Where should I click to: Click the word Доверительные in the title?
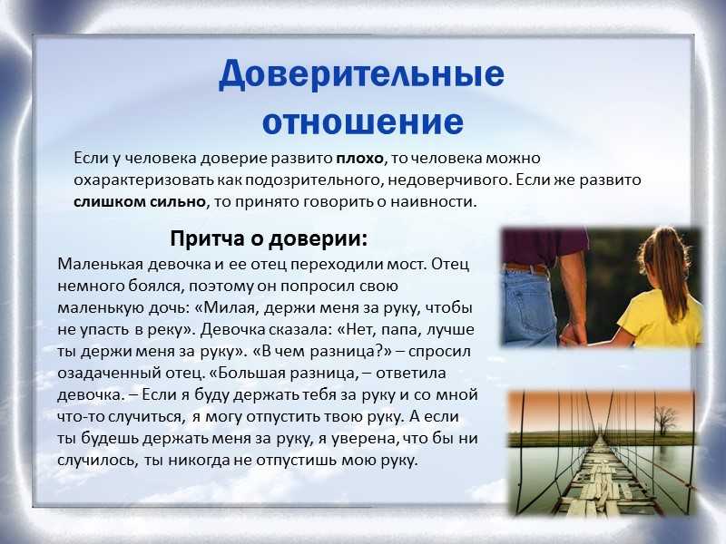pos(361,75)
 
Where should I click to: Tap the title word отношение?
pos(363,121)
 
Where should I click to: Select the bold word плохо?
pos(359,159)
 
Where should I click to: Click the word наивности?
pos(434,201)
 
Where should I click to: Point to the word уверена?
pos(365,439)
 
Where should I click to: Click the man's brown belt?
pos(526,267)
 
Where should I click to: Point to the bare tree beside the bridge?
pos(665,420)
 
